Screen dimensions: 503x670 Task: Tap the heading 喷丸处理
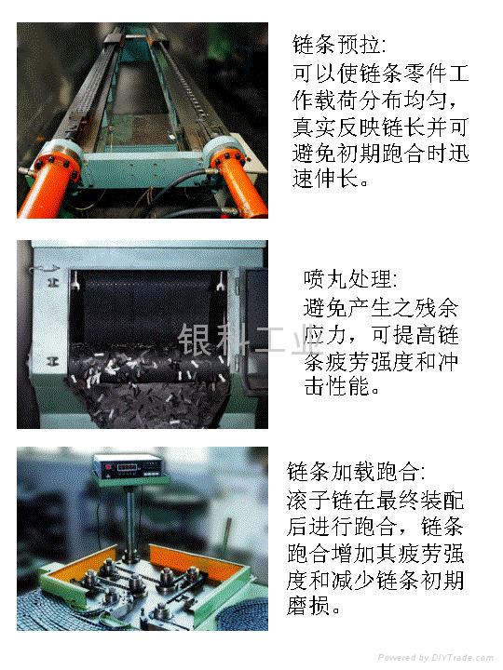click(x=347, y=279)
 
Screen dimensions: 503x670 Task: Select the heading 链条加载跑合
click(x=353, y=472)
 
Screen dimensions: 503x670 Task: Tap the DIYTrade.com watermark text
click(x=435, y=657)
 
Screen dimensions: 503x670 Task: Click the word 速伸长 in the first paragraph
click(x=325, y=177)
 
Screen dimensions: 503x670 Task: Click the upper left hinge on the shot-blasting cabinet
click(x=53, y=282)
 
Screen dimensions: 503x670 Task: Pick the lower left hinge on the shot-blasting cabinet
click(x=53, y=361)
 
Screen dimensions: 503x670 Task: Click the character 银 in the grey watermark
click(x=195, y=339)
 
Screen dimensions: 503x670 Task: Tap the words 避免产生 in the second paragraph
click(x=347, y=307)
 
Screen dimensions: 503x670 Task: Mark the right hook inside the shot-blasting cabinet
click(x=221, y=281)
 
